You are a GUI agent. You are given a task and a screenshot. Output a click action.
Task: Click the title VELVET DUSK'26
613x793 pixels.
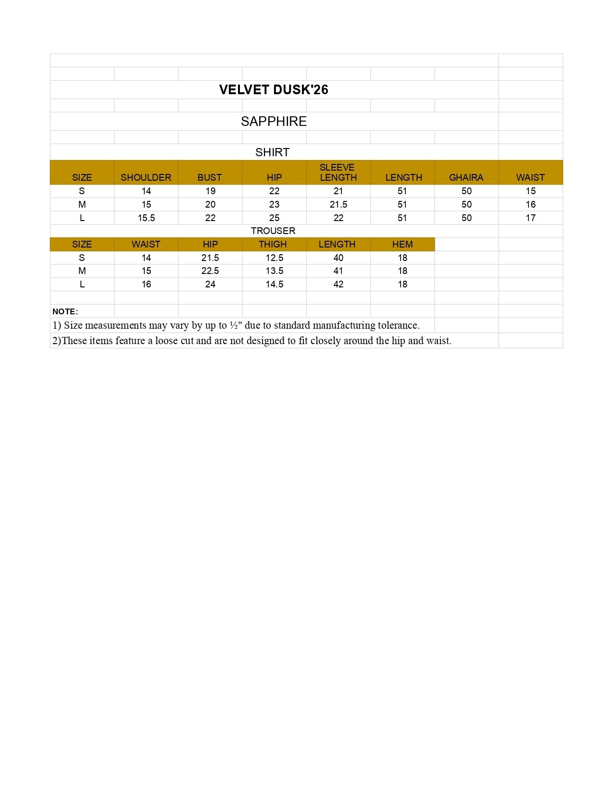click(274, 90)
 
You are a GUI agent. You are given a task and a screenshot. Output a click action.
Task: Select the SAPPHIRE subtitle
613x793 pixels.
click(274, 121)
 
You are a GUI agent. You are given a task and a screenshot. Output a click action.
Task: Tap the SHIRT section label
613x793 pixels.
click(272, 152)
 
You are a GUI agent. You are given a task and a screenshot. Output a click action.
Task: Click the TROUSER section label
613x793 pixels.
click(273, 231)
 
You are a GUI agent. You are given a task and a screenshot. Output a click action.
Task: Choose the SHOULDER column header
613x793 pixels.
click(146, 177)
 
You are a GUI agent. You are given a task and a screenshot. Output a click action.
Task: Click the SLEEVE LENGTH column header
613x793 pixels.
click(338, 173)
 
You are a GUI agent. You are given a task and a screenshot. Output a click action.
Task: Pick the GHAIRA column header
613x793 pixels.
click(466, 177)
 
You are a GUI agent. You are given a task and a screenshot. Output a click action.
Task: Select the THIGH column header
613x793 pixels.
click(273, 244)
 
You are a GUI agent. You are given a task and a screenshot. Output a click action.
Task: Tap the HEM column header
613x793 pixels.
click(402, 244)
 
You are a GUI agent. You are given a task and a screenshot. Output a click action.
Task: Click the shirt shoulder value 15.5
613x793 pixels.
click(146, 218)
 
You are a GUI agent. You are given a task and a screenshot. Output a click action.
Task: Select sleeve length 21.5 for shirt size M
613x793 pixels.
click(338, 204)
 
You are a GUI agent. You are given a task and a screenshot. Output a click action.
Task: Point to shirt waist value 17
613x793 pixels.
click(530, 218)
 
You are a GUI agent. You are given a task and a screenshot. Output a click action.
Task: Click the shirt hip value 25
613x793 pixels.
click(274, 218)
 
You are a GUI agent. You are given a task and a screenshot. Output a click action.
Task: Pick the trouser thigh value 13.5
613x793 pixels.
click(274, 271)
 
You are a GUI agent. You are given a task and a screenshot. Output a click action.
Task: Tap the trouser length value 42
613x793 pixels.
click(338, 284)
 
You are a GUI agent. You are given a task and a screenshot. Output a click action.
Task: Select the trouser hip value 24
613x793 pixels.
click(210, 284)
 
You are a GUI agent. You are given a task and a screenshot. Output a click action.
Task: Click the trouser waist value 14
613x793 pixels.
click(146, 258)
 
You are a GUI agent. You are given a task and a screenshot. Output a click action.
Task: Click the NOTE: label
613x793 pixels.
click(65, 311)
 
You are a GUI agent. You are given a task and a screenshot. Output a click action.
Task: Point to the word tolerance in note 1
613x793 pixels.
click(399, 325)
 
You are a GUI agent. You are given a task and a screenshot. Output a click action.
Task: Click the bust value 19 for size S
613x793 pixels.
click(210, 191)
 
